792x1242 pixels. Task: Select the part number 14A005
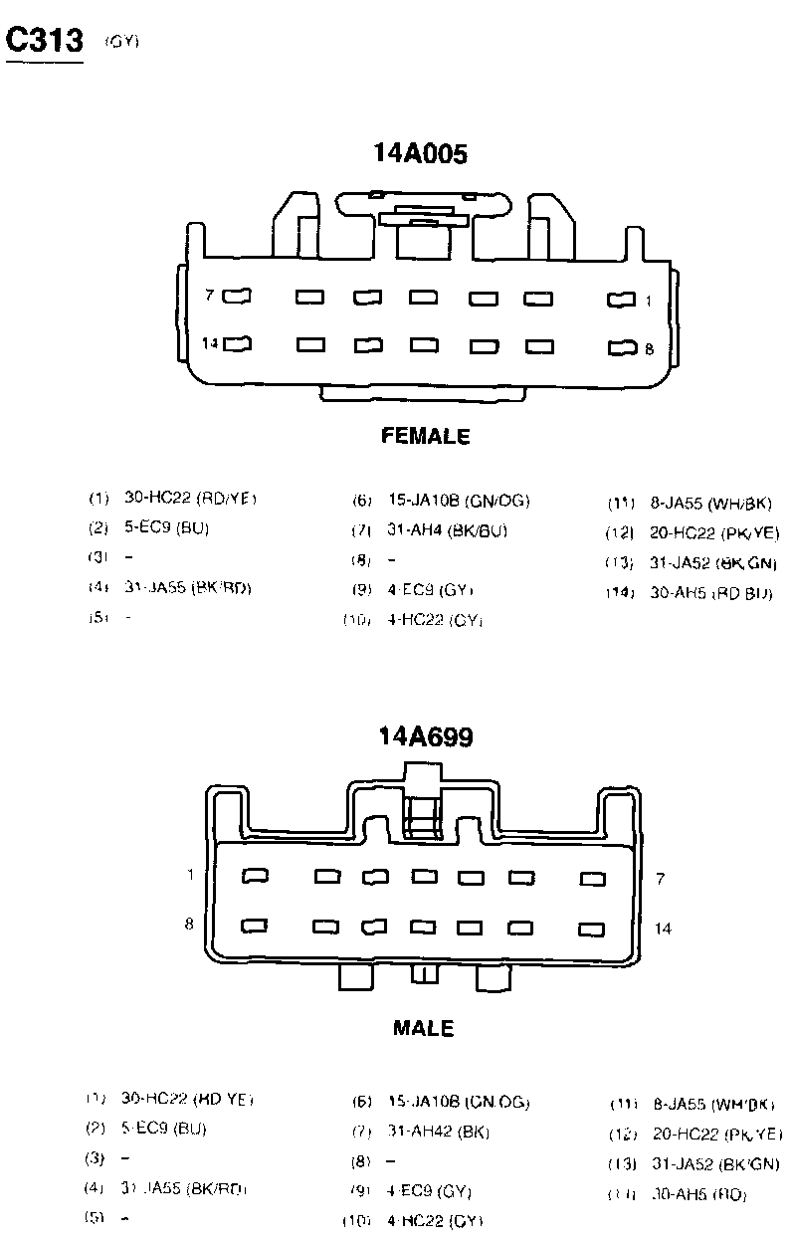pos(420,153)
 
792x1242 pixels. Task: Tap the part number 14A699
pos(425,737)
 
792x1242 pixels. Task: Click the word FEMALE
pos(425,436)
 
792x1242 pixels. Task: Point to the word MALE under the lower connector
pos(424,1028)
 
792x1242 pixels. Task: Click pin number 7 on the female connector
pos(210,296)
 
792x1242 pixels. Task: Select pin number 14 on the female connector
pos(210,343)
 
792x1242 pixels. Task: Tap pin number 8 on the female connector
pos(649,349)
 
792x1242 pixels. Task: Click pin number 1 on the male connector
pos(189,875)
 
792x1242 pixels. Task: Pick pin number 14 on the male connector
pos(663,929)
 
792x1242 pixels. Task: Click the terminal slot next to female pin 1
pos(621,299)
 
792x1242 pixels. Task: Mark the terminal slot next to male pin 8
pos(255,926)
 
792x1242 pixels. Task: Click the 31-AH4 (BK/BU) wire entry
pos(448,531)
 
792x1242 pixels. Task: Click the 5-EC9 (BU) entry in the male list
pos(164,1129)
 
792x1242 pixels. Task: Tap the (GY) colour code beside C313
pos(121,42)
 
